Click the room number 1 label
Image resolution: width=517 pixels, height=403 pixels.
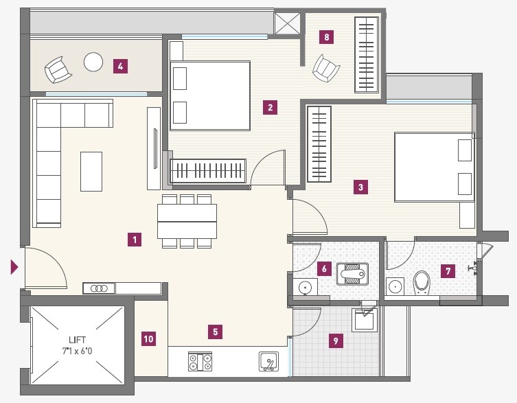tap(135, 240)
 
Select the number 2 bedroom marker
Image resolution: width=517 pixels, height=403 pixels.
tap(271, 107)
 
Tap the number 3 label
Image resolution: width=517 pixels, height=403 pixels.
tap(360, 186)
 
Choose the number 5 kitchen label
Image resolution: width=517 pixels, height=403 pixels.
tap(215, 332)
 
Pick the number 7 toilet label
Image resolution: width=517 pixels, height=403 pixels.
tap(448, 271)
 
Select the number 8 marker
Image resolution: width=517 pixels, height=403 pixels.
tap(327, 37)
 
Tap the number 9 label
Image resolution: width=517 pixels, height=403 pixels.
tap(335, 339)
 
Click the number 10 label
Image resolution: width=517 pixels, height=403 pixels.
tap(148, 338)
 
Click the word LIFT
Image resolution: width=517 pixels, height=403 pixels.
tap(77, 339)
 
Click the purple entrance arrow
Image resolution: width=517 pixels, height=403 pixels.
tap(14, 267)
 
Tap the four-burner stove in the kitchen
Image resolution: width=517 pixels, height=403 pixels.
tap(200, 361)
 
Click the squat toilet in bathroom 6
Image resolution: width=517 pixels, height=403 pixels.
tap(352, 275)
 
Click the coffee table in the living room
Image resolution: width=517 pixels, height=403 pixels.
tap(91, 171)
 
